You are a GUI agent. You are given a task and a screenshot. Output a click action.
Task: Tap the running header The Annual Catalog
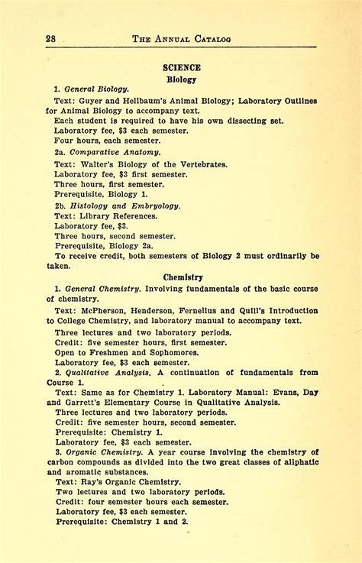[182, 39]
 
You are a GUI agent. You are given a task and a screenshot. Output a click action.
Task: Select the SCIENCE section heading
[182, 68]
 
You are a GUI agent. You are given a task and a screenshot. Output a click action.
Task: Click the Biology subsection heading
[182, 79]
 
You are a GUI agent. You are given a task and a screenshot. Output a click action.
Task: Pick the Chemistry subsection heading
[183, 277]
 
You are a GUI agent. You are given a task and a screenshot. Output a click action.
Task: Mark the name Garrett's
[87, 402]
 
